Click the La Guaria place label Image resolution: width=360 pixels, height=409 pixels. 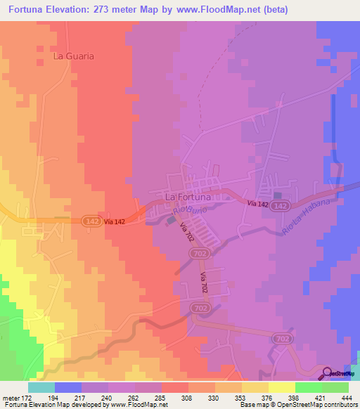[x=74, y=55]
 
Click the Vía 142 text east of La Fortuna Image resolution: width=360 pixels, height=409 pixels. [x=257, y=203]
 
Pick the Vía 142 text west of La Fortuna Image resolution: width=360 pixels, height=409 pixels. [x=115, y=222]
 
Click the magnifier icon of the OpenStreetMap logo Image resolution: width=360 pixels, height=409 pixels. [x=327, y=374]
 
